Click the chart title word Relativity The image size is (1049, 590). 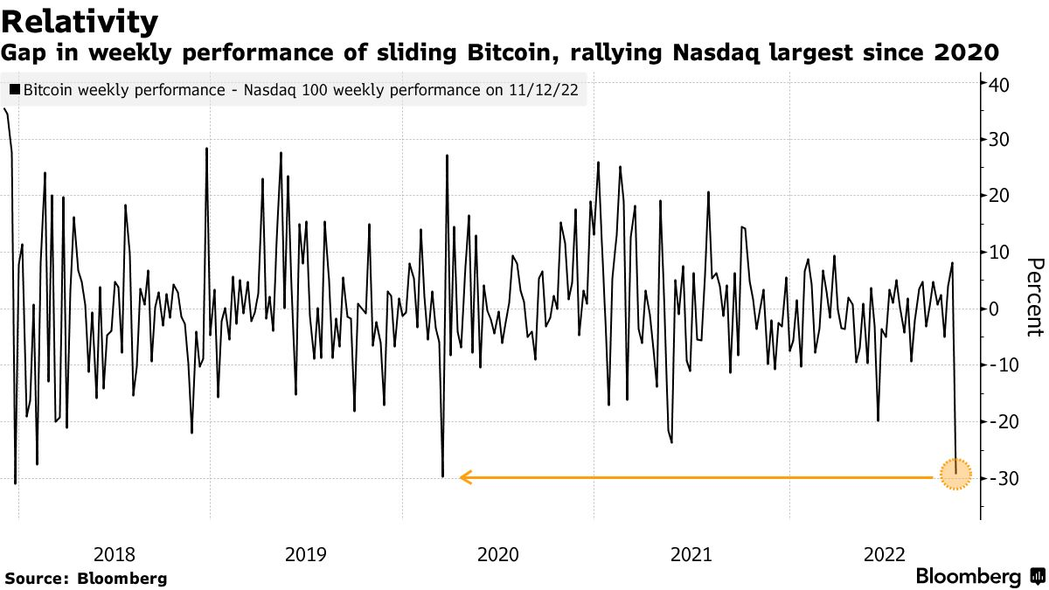tap(80, 21)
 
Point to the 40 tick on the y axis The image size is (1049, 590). tap(999, 85)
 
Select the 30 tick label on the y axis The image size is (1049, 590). tap(999, 140)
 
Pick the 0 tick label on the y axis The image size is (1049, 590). tap(994, 309)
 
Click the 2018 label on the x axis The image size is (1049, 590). tap(114, 554)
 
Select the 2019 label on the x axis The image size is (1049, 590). tap(306, 554)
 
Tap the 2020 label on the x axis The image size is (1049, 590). tap(498, 554)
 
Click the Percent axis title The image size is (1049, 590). tap(1035, 297)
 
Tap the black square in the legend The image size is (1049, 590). tap(15, 89)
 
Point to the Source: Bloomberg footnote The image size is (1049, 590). tap(86, 578)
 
